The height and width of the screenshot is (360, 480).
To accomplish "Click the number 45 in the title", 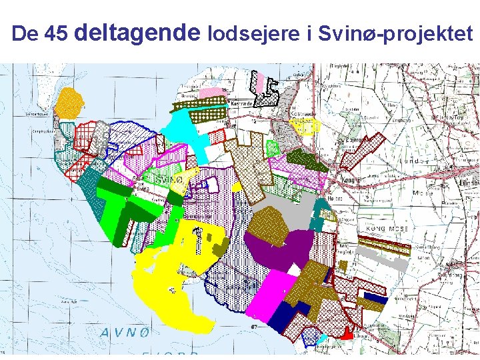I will [55, 34].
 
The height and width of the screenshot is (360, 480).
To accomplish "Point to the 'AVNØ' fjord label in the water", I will [127, 333].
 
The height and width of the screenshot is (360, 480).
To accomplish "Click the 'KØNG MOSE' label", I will [387, 229].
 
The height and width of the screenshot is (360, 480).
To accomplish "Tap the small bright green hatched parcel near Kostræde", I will [272, 147].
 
